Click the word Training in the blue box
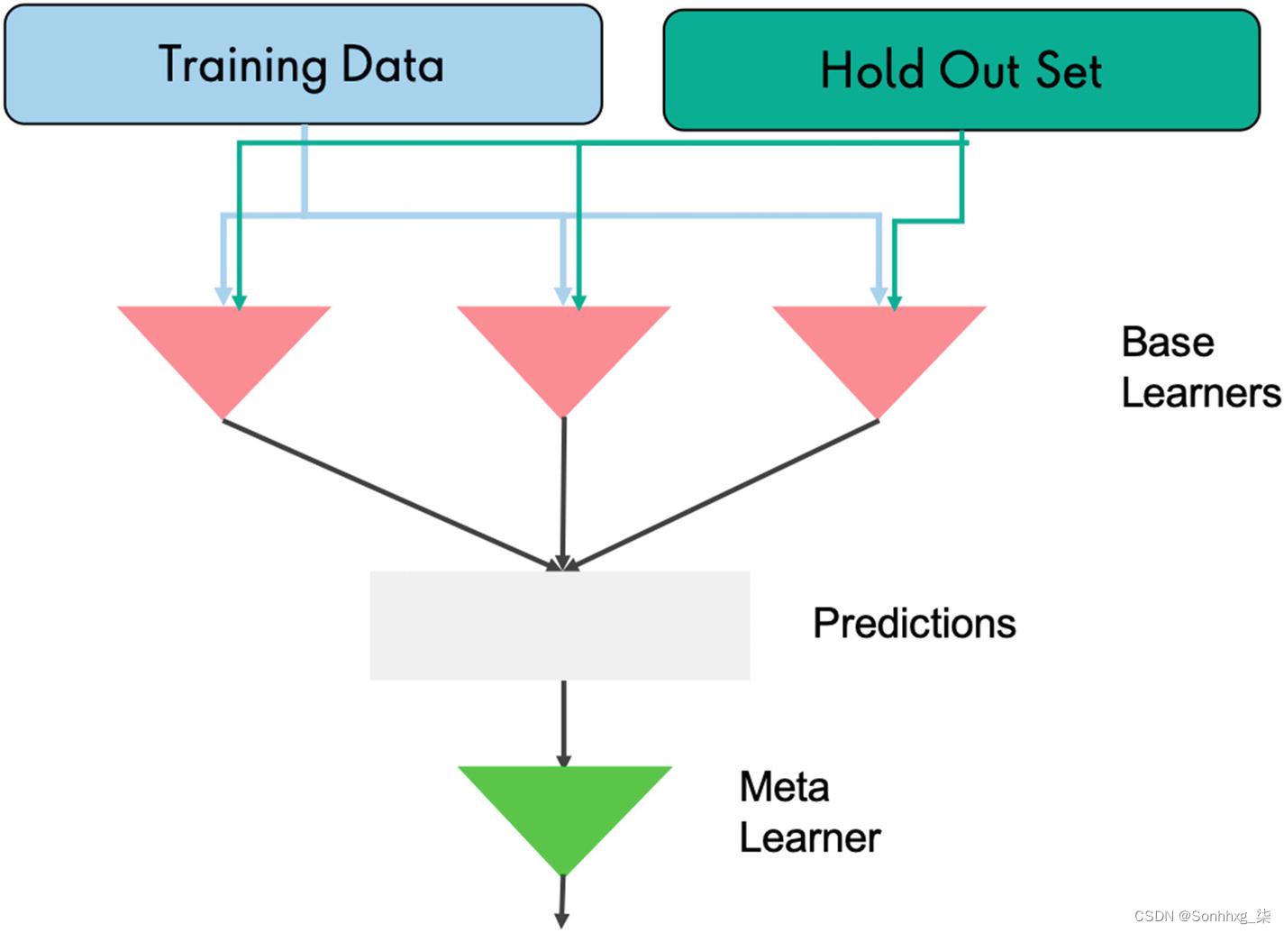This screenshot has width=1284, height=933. [x=241, y=65]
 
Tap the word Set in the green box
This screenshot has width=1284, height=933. [x=1068, y=70]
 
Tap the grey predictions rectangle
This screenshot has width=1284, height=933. [x=560, y=625]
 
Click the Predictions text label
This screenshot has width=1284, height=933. [x=914, y=623]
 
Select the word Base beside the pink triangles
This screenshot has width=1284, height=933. [x=1167, y=343]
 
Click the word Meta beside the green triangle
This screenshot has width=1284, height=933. [x=784, y=787]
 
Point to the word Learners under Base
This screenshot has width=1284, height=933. [x=1199, y=393]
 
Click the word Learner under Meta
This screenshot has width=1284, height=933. [x=809, y=837]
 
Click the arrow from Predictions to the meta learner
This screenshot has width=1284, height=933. [x=564, y=721]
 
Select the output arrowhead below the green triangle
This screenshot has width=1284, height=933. [x=561, y=920]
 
